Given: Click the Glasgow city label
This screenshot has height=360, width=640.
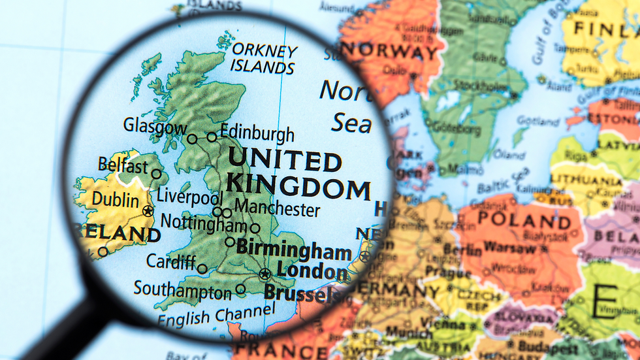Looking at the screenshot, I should pos(155,126).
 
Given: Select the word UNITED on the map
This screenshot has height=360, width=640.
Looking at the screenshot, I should pos(284,160).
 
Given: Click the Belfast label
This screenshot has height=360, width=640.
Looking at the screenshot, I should pos(123,165).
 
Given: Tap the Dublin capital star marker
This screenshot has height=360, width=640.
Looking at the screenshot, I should pos(148,210).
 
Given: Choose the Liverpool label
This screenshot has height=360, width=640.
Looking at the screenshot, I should pos(190,196).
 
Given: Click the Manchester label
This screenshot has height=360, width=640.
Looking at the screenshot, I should pos(278,210).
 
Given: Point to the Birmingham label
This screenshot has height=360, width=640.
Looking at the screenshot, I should pos(294,250).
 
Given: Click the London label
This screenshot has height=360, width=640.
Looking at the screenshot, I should pos(312,270).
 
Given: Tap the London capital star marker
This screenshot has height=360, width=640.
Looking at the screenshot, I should pos(264,274).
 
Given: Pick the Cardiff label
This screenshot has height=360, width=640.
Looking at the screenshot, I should pos(170,261).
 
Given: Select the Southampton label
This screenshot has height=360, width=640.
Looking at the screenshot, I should pos(182,289).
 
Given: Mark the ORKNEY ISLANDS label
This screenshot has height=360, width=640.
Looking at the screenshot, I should pos(264,59).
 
